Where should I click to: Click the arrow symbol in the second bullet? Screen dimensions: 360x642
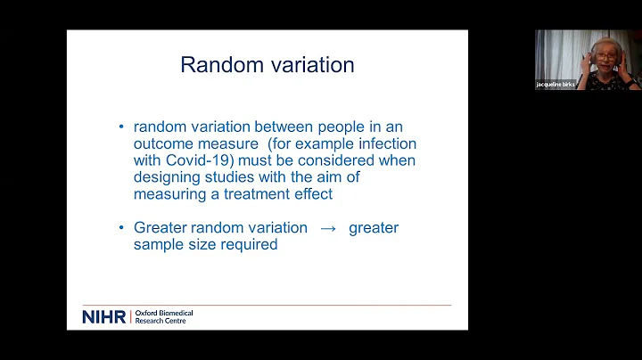coord(327,228)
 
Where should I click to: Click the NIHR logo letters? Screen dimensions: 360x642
coord(104,316)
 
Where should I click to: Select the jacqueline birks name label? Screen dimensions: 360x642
coord(556,84)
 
